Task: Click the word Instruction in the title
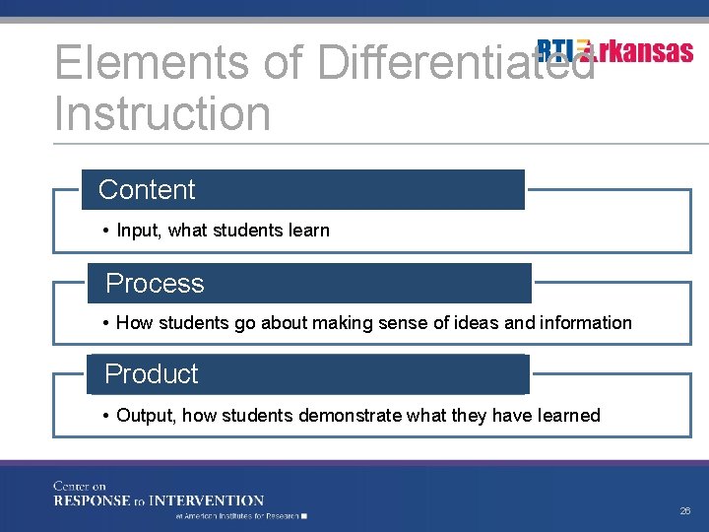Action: [162, 113]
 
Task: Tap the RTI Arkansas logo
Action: [615, 50]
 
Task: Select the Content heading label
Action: [148, 189]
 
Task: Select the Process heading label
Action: [155, 283]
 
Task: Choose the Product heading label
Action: [152, 374]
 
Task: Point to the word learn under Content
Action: [308, 231]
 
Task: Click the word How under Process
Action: [133, 322]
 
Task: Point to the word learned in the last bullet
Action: [569, 415]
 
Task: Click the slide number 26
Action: [685, 510]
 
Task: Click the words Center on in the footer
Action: [80, 486]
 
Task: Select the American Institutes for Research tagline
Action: [238, 515]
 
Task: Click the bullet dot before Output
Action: [105, 415]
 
